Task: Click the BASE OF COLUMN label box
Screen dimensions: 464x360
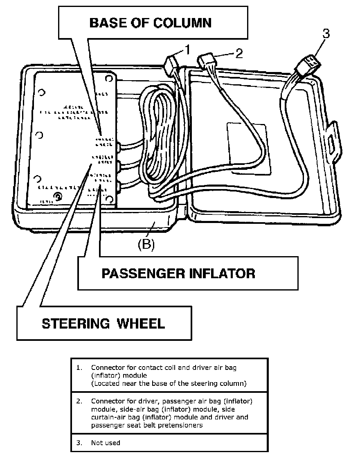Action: [x=150, y=23]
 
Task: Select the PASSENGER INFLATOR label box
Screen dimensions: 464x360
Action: [x=187, y=273]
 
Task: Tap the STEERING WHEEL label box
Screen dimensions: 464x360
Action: [x=103, y=323]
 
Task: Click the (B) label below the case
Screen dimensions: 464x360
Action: [x=146, y=244]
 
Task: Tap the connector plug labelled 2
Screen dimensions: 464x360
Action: [x=207, y=61]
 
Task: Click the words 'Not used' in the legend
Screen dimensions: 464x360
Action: [x=106, y=442]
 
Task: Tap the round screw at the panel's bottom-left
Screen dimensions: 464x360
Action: [x=58, y=198]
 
